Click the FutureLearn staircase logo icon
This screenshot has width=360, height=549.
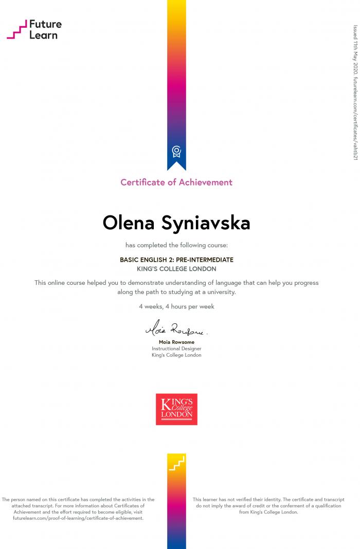tap(16, 30)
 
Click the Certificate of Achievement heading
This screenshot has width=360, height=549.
tap(176, 182)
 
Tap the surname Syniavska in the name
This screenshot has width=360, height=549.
tap(206, 223)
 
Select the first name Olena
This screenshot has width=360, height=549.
tap(130, 223)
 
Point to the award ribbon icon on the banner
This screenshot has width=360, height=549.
tap(176, 151)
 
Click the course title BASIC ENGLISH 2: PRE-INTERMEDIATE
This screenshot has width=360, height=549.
tap(176, 260)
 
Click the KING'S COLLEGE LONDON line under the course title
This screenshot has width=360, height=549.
tap(176, 269)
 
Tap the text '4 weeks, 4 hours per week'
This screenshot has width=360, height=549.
tap(176, 306)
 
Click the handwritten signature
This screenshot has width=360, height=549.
tap(176, 328)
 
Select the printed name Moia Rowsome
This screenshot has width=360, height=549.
tap(176, 342)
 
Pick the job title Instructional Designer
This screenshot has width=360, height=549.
tap(176, 349)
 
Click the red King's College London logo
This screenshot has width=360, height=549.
tap(176, 409)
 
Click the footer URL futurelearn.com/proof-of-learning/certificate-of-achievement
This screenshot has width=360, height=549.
tap(78, 518)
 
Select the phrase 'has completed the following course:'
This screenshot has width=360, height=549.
tap(176, 245)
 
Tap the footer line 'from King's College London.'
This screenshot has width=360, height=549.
tap(268, 512)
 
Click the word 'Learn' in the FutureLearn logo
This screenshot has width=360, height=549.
tap(43, 35)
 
